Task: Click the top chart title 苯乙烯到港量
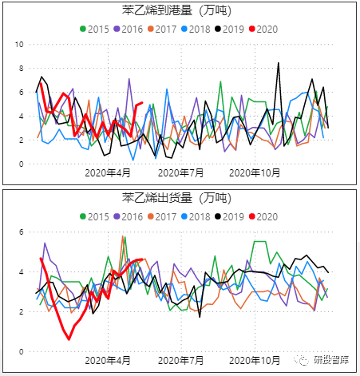click(180, 11)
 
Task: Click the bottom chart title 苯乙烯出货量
click(180, 197)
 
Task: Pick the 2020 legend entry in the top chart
click(263, 29)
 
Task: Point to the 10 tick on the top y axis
click(18, 45)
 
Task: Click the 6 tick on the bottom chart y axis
click(21, 232)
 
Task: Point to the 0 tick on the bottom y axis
click(21, 351)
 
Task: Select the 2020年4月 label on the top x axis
click(108, 172)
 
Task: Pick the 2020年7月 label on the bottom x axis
click(180, 360)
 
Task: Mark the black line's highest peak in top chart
click(279, 63)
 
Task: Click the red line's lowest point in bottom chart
click(69, 338)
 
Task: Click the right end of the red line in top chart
click(142, 102)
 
